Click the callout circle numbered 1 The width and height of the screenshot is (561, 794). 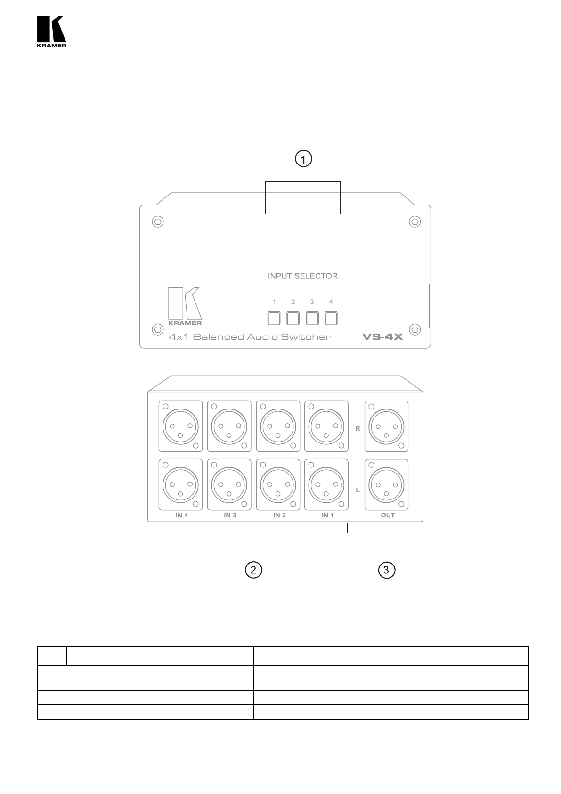click(303, 159)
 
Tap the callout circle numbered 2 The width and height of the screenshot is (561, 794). click(253, 570)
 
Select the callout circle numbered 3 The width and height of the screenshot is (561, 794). click(386, 570)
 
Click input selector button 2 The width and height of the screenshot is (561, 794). click(293, 319)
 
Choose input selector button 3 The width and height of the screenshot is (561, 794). click(312, 319)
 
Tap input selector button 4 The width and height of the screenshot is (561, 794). click(331, 319)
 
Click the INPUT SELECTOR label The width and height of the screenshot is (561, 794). click(302, 276)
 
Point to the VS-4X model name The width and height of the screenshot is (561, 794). click(382, 337)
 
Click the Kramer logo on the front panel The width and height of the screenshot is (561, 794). click(185, 306)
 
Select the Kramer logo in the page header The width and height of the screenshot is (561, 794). click(51, 31)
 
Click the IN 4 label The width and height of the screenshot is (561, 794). click(182, 515)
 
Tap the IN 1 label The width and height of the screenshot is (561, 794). click(327, 515)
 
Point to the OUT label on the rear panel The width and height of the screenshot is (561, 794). click(388, 515)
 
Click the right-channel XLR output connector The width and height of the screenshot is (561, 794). click(386, 426)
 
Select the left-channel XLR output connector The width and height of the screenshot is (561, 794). click(386, 485)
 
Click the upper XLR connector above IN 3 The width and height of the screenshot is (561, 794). click(229, 426)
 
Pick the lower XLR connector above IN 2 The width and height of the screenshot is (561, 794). click(278, 485)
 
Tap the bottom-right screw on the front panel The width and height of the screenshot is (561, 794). click(415, 329)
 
